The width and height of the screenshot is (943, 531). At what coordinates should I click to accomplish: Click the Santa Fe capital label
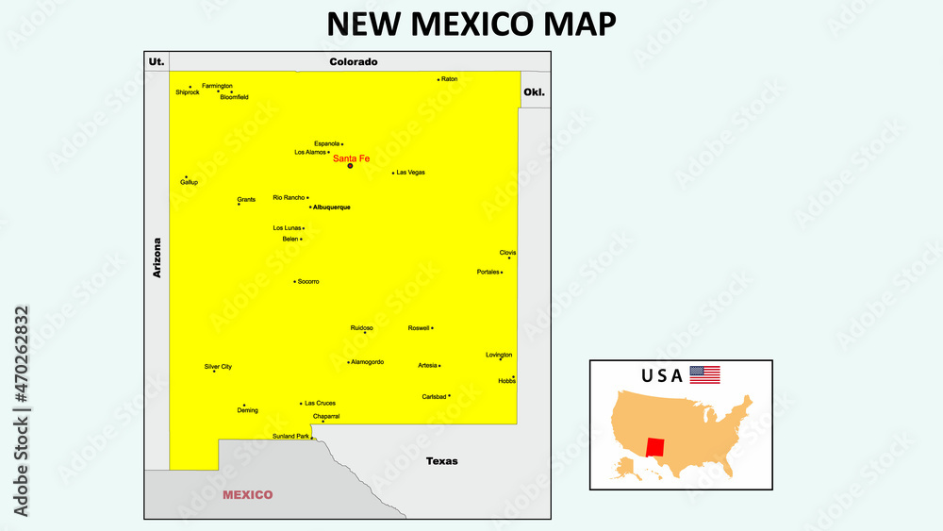[x=351, y=158]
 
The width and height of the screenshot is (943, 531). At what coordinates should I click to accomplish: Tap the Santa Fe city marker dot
[x=350, y=166]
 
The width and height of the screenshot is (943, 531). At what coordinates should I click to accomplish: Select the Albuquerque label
[x=332, y=207]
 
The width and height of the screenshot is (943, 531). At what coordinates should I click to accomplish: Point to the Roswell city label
[x=419, y=328]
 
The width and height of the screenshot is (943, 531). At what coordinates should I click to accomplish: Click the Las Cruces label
[x=320, y=403]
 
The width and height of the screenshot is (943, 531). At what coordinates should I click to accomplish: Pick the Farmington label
[x=217, y=86]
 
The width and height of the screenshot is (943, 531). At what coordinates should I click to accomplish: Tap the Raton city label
[x=450, y=79]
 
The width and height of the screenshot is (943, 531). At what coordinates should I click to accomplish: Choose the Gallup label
[x=190, y=182]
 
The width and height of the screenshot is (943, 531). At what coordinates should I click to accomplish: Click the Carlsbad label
[x=433, y=397]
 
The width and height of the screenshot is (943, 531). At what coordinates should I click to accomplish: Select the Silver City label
[x=218, y=366]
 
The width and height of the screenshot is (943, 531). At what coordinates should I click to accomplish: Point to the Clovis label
[x=507, y=253]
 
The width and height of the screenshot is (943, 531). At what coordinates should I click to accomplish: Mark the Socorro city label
[x=308, y=281]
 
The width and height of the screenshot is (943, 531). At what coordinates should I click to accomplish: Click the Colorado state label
[x=354, y=62]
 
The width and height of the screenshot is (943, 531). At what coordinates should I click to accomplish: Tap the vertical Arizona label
[x=157, y=257]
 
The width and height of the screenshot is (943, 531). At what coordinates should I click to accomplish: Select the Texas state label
[x=441, y=461]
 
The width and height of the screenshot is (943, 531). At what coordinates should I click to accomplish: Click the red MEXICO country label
[x=247, y=494]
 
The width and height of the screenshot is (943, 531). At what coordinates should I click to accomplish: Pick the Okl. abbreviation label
[x=534, y=92]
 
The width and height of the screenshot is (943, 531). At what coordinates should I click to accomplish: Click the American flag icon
[x=704, y=374]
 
